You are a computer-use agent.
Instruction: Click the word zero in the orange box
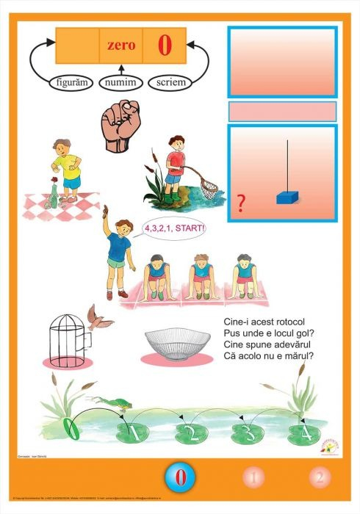pyautogui.click(x=121, y=46)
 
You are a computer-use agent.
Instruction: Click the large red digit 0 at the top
pyautogui.click(x=164, y=45)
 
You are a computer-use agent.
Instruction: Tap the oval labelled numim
pyautogui.click(x=121, y=82)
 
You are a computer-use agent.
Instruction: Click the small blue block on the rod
pyautogui.click(x=285, y=198)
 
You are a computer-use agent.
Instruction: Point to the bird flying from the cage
pyautogui.click(x=96, y=316)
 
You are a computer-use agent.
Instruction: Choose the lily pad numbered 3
pyautogui.click(x=243, y=433)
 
